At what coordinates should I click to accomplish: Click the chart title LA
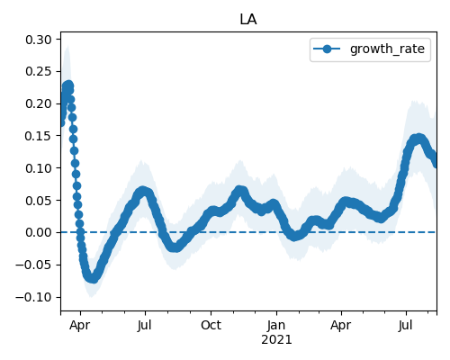pos(248,20)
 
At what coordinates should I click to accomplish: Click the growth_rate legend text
pos(387,49)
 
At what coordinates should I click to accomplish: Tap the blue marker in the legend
pos(327,49)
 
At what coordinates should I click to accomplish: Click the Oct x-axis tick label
pos(211,325)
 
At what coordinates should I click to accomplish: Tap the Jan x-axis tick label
pos(276,325)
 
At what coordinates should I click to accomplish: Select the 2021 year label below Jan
pos(276,340)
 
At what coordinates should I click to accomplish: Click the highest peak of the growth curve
pos(68,85)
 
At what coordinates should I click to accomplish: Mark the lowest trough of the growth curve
pos(93,278)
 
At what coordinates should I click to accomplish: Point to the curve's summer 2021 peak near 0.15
pos(418,139)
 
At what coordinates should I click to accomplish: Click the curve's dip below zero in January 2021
pos(294,236)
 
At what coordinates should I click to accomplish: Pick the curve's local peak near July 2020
pos(143,191)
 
